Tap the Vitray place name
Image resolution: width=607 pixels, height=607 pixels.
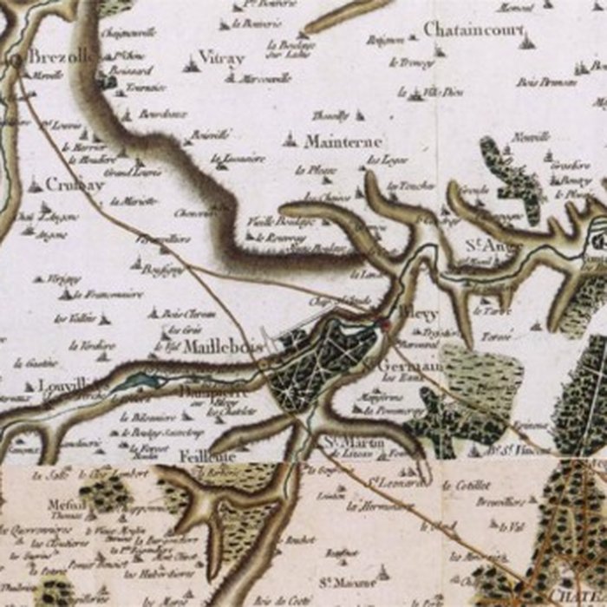221,58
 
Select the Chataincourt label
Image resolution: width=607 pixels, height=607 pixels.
474,30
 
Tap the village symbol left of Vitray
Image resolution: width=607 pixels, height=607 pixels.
191,63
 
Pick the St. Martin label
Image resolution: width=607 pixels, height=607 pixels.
354,444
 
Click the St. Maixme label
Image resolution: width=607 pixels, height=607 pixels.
341,582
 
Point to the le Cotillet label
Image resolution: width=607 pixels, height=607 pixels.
467,486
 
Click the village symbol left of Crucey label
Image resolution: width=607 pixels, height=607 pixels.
35,185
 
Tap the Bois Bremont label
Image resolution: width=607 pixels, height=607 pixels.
547,82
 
